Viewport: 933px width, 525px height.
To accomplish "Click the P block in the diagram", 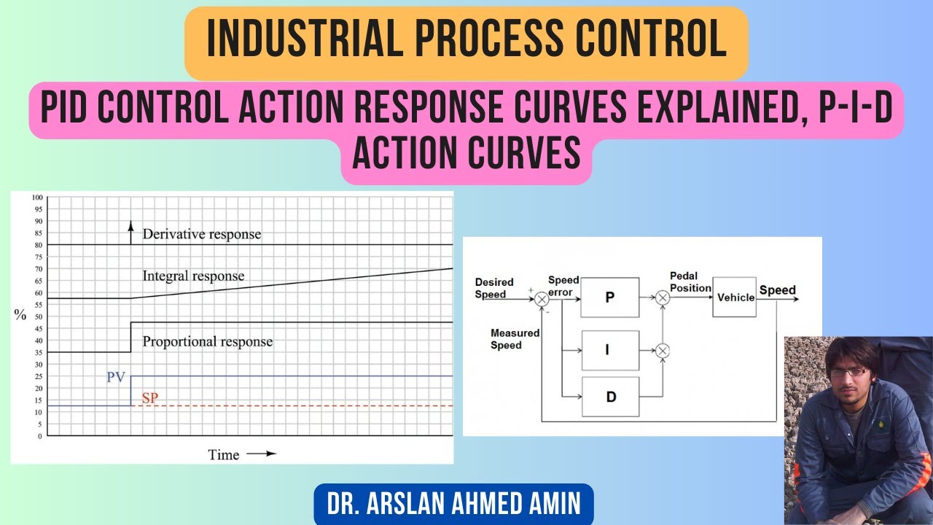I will pyautogui.click(x=609, y=297).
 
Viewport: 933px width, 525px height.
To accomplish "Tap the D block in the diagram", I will pyautogui.click(x=609, y=397).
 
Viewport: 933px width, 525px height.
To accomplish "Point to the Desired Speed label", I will pyautogui.click(x=494, y=288).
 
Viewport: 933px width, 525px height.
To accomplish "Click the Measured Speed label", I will pyautogui.click(x=515, y=339).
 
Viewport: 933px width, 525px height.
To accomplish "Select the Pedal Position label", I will pyautogui.click(x=690, y=281).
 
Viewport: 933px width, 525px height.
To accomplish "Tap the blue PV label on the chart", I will pyautogui.click(x=116, y=377).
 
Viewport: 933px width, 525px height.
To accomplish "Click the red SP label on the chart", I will pyautogui.click(x=149, y=399).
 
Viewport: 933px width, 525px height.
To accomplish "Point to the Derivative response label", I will pyautogui.click(x=201, y=234).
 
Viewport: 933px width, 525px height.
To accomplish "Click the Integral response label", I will pyautogui.click(x=193, y=276).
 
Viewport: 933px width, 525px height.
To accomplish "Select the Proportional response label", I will pyautogui.click(x=207, y=341).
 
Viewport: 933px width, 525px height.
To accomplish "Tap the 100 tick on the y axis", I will pyautogui.click(x=36, y=198).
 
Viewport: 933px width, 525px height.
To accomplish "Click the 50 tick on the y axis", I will pyautogui.click(x=38, y=317).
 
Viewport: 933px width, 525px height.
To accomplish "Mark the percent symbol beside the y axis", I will pyautogui.click(x=20, y=315).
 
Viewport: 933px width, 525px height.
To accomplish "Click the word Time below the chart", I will pyautogui.click(x=223, y=455).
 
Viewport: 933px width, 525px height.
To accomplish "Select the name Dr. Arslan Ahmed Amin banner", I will pyautogui.click(x=453, y=504).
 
